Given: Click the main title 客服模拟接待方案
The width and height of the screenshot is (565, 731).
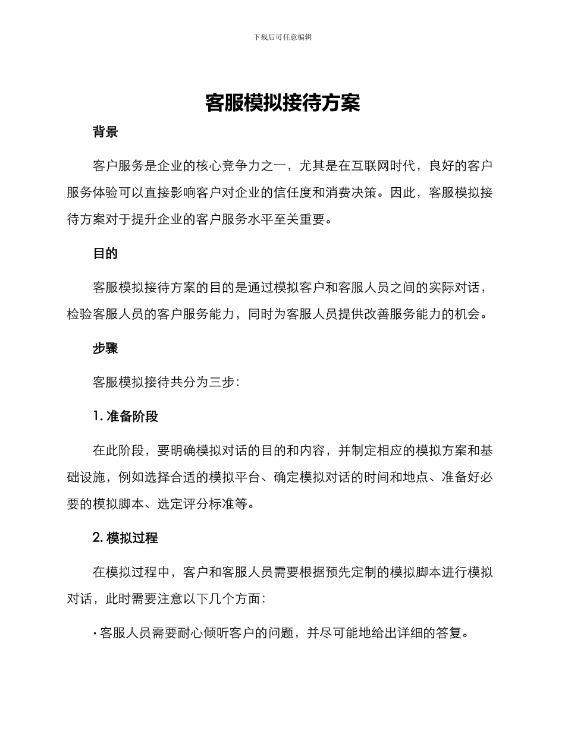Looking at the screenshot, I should tap(282, 103).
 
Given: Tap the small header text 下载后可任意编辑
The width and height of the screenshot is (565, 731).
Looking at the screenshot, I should tap(282, 37).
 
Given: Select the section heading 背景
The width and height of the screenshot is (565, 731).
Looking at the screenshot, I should tap(105, 132).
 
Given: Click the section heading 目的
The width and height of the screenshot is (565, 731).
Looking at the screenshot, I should tap(105, 254).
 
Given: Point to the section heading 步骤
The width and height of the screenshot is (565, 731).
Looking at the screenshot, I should tap(105, 349).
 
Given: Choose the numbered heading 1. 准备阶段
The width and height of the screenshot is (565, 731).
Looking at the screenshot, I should tap(125, 417).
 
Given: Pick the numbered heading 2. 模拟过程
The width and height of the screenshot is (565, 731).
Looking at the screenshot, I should tap(125, 538).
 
